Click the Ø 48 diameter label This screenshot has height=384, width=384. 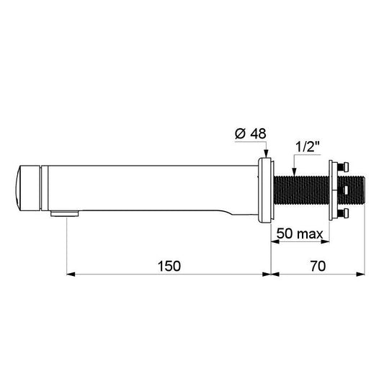pyautogui.click(x=250, y=134)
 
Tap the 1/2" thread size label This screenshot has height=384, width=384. pyautogui.click(x=308, y=147)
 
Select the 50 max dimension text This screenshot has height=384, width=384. pyautogui.click(x=300, y=233)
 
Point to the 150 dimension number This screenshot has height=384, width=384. pyautogui.click(x=169, y=266)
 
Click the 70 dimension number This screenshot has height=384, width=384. pyautogui.click(x=318, y=266)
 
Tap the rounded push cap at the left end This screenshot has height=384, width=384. pyautogui.click(x=27, y=188)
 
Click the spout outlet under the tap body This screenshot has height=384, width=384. pyautogui.click(x=65, y=213)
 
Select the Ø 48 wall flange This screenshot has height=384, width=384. pyautogui.click(x=266, y=190)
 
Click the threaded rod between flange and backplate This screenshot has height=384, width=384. pyautogui.click(x=301, y=190)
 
